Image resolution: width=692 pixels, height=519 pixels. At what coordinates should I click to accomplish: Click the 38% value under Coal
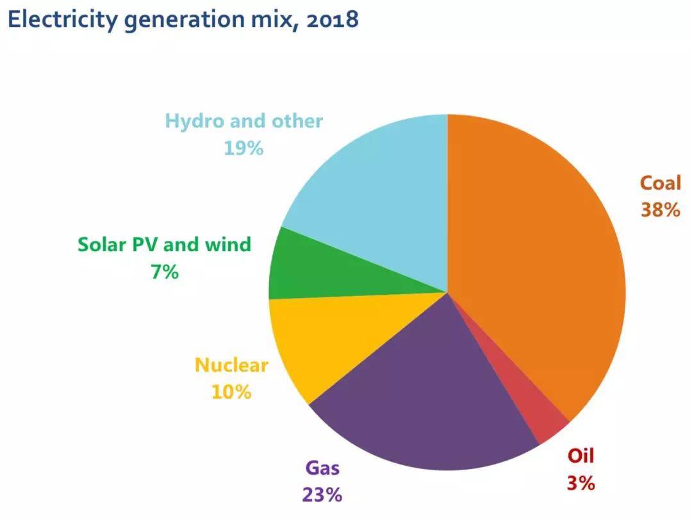coord(660,210)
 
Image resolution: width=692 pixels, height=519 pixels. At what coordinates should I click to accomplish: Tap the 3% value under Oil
coord(581,482)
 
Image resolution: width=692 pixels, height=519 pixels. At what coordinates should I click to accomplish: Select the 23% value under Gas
coord(322,494)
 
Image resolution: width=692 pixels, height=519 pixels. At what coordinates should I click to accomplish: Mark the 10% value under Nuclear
coord(231,391)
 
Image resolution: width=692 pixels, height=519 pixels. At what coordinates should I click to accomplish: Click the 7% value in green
coord(164,272)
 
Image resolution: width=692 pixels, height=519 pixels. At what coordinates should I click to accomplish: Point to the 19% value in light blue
coord(243,148)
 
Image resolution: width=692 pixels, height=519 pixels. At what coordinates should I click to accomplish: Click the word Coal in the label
coord(660,183)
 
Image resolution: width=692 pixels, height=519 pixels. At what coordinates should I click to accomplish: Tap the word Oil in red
coord(581,456)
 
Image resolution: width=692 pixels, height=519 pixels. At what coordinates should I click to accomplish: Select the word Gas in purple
coord(322,468)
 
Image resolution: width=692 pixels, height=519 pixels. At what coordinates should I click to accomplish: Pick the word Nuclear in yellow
coord(231,365)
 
